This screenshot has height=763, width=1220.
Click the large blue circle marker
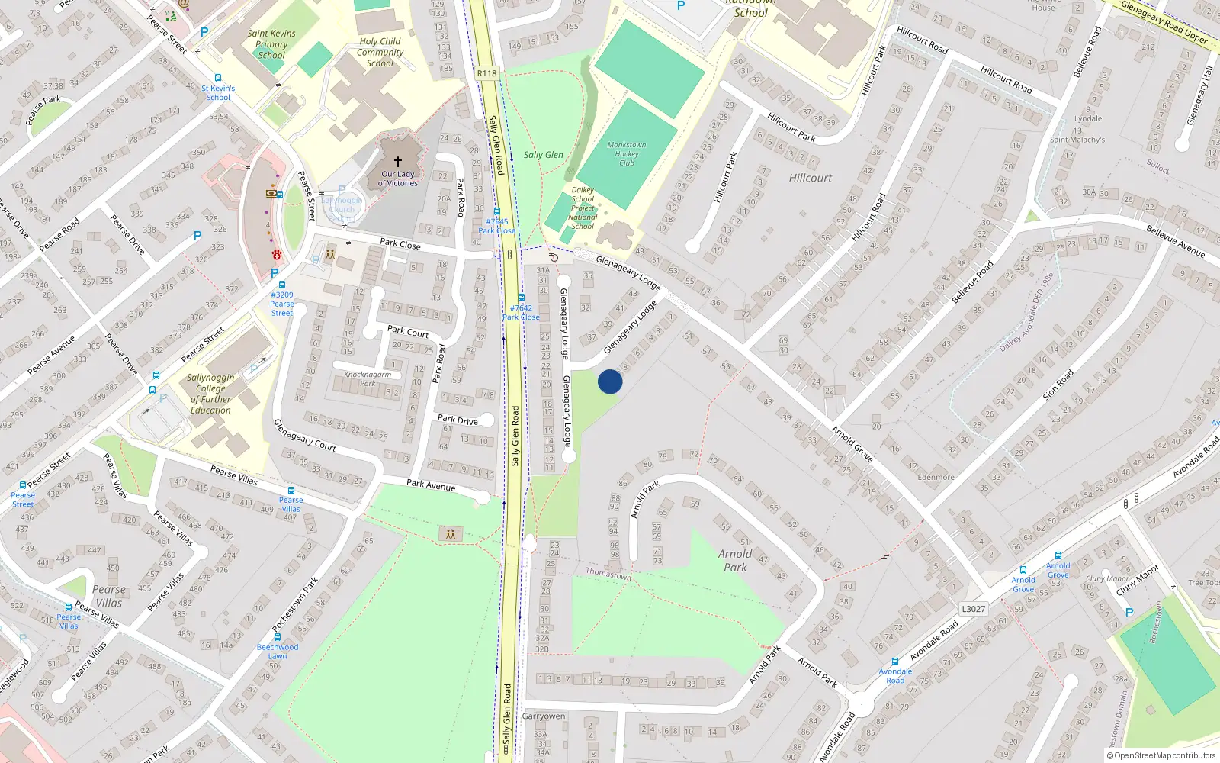610,381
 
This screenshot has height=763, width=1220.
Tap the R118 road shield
486,73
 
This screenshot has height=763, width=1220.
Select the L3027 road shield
973,609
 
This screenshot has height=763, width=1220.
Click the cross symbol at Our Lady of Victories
397,162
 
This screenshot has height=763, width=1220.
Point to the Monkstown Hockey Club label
627,153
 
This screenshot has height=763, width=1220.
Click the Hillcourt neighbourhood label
811,178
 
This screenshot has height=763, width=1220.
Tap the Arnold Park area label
735,561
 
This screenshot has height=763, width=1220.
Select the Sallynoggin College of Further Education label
210,394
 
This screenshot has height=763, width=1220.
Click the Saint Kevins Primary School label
271,44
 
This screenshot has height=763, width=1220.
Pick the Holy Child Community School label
380,53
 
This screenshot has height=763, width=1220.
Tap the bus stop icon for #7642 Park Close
522,298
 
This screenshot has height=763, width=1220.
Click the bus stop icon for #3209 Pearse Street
281,285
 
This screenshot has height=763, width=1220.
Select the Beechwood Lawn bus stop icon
278,637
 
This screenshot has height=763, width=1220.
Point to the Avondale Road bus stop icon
895,662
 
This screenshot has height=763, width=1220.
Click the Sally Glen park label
543,155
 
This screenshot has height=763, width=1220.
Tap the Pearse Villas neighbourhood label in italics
109,596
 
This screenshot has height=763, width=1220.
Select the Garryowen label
544,716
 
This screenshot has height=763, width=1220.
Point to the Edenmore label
936,478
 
